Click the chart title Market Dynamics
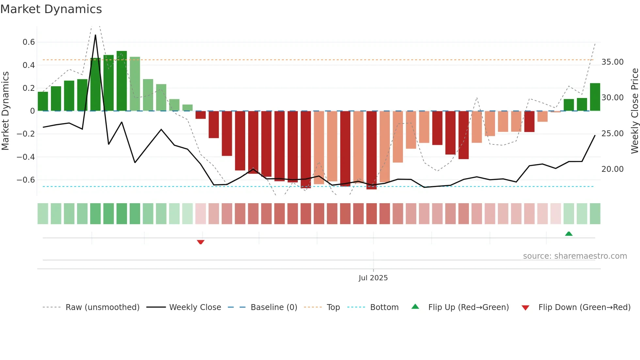click(51, 9)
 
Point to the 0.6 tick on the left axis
click(29, 42)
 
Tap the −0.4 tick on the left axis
click(26, 157)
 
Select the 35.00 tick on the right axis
click(612, 62)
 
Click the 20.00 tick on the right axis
click(612, 169)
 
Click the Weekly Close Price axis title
click(634, 111)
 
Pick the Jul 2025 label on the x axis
click(373, 278)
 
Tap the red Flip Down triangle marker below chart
click(200, 242)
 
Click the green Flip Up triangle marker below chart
click(568, 234)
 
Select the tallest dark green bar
click(121, 81)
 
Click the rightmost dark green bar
click(595, 97)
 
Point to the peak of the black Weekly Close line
click(95, 35)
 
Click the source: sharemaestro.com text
click(575, 256)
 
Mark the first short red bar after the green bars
click(200, 115)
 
